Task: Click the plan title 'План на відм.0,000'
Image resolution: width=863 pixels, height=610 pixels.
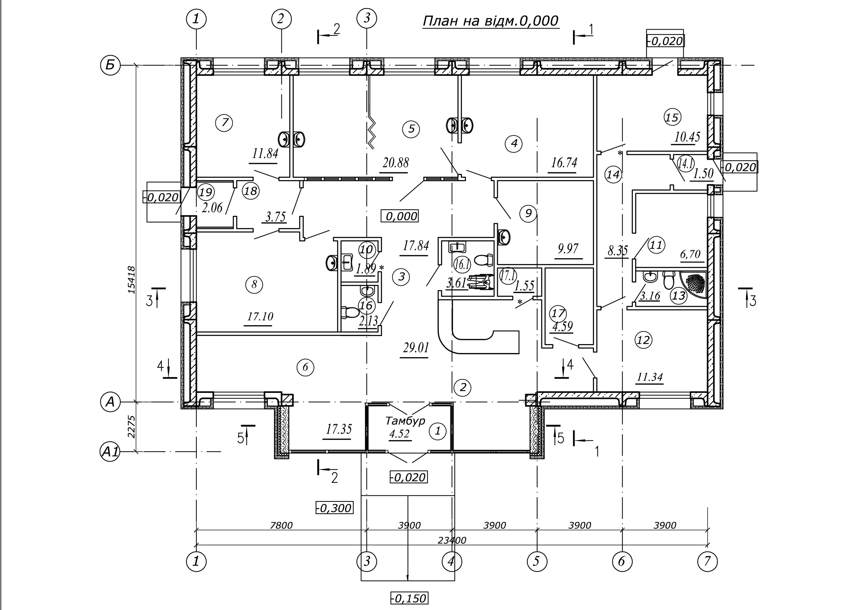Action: (491, 21)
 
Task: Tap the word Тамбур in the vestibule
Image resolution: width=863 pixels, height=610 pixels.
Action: (405, 421)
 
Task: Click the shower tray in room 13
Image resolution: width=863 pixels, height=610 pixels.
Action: (693, 285)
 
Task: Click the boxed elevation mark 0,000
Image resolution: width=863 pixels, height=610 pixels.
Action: (400, 216)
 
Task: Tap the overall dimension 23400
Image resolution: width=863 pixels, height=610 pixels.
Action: (452, 540)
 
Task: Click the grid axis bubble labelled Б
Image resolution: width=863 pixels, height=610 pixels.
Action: (110, 66)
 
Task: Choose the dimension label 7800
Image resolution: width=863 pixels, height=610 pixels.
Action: (281, 525)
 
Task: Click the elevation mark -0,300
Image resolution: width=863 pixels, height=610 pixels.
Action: (335, 508)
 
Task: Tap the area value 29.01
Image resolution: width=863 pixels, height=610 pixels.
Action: (416, 348)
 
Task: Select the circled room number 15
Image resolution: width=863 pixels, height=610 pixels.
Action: (672, 118)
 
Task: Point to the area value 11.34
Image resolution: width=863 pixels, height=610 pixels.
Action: (650, 377)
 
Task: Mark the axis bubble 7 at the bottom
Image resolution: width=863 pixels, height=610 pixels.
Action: (707, 562)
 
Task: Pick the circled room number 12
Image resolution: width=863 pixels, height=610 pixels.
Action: (644, 340)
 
